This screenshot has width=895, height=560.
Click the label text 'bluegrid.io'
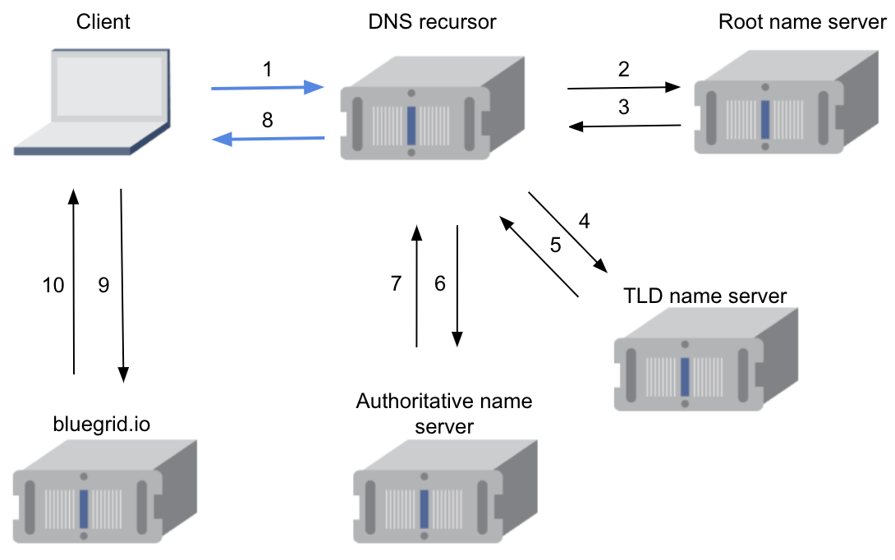click(102, 424)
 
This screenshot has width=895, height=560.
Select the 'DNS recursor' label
click(432, 21)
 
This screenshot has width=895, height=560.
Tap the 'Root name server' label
click(802, 21)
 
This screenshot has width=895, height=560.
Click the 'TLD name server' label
click(705, 295)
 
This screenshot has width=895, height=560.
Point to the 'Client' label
click(104, 21)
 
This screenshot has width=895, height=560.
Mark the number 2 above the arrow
click(624, 70)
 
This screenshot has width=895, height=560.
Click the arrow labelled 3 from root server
click(626, 126)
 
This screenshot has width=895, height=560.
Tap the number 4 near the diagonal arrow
click(584, 221)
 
